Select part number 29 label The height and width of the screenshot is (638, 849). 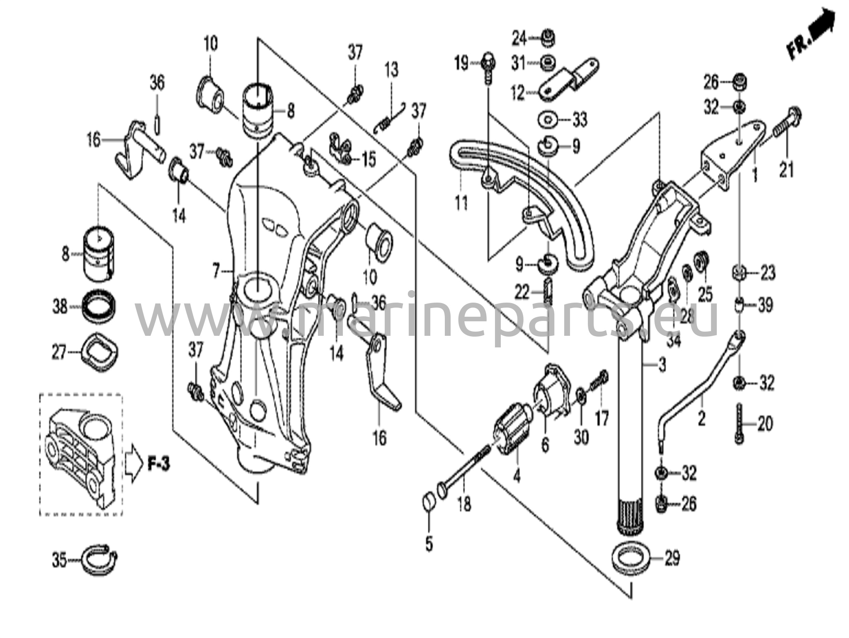[x=671, y=558]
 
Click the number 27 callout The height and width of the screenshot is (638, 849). [x=59, y=352]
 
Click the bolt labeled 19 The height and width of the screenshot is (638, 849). [x=488, y=68]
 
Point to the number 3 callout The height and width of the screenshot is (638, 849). [x=662, y=365]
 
